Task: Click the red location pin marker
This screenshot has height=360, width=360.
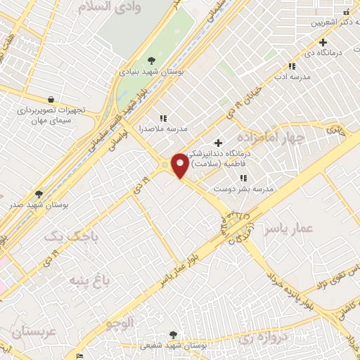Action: coord(181,166)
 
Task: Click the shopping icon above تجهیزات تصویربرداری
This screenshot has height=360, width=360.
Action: coord(50,100)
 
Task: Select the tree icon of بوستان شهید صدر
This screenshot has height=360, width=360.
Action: coord(38,194)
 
